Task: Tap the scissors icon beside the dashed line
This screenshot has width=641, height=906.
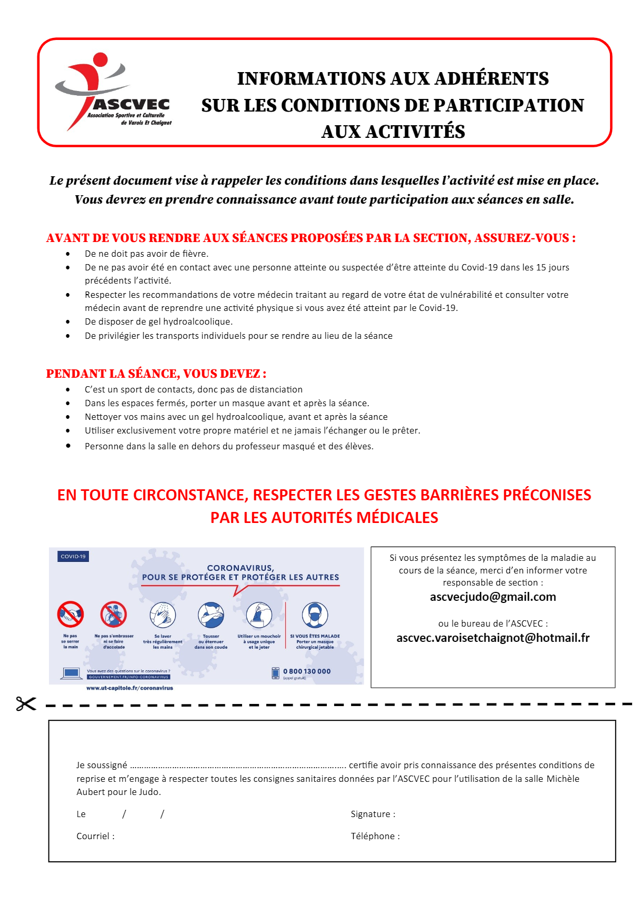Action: [x=26, y=704]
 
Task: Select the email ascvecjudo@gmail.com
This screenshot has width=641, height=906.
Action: [x=493, y=597]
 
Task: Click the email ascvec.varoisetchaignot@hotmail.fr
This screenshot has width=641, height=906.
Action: [x=493, y=638]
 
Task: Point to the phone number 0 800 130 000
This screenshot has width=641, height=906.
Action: [x=307, y=671]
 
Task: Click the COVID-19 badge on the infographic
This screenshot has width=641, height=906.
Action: [x=73, y=557]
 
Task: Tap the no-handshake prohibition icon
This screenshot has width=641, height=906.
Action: [x=71, y=614]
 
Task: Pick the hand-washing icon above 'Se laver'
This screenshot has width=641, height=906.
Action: [x=163, y=615]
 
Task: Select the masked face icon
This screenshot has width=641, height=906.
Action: [x=315, y=615]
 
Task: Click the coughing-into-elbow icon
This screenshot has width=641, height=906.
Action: [x=211, y=615]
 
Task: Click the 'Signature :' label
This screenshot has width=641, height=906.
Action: [x=373, y=814]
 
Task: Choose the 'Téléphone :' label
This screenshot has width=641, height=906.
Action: [x=375, y=837]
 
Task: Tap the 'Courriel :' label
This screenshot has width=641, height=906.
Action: [x=95, y=837]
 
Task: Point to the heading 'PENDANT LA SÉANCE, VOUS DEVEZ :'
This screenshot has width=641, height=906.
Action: [x=156, y=374]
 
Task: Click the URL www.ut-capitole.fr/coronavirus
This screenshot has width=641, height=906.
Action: [x=129, y=688]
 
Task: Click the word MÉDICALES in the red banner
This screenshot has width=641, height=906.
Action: [x=397, y=518]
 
